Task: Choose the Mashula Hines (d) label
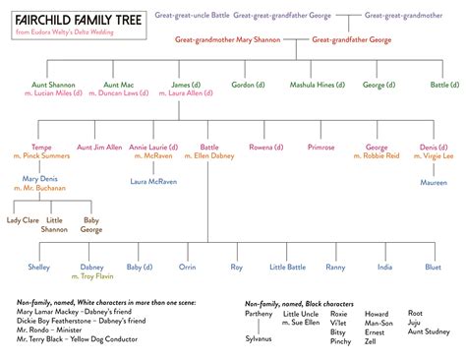[313, 86]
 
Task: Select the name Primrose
[320, 147]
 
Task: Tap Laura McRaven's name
[153, 181]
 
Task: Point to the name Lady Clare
[24, 219]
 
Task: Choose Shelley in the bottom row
[39, 266]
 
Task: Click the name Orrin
[188, 266]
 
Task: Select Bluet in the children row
[434, 266]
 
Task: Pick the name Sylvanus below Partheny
[258, 336]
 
